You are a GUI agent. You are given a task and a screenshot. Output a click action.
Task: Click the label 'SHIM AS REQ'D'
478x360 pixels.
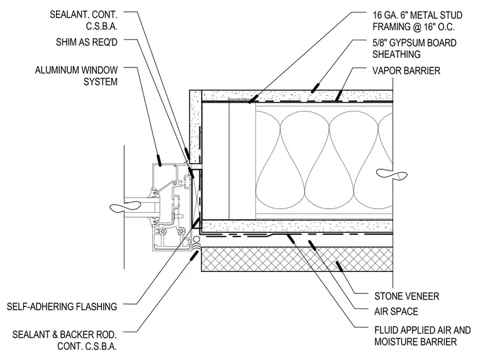pos(87,42)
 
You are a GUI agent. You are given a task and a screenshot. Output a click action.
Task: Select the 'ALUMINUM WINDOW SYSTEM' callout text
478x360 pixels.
pos(76,76)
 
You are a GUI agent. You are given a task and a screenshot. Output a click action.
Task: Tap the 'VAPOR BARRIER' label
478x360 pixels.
pos(406,70)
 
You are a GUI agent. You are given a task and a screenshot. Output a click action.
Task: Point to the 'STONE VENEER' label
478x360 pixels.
pos(407,296)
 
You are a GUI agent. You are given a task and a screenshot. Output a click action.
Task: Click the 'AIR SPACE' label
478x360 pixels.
pos(396,312)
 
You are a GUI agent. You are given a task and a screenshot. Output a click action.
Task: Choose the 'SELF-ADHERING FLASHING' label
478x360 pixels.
pos(62,307)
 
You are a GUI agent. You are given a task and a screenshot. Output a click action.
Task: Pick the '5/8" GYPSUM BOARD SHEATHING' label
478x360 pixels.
pos(414,48)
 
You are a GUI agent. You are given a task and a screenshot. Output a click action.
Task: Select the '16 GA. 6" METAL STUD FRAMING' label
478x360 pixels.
pos(418,21)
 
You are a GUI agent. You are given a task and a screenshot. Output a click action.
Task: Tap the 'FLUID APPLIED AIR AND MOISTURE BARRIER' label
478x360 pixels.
pos(423,336)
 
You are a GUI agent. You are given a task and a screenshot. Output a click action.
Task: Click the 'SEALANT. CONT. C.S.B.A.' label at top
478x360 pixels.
pos(84,20)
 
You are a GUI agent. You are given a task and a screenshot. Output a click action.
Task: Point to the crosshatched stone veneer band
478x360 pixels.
pos(297,259)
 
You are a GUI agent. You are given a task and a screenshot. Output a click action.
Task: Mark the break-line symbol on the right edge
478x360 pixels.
pos(392,174)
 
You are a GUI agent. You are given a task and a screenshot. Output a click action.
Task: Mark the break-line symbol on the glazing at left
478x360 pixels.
pos(125,208)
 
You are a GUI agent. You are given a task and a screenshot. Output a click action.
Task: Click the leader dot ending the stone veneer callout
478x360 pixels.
pos(339,266)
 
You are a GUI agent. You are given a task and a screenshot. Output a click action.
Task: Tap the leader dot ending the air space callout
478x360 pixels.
pos(313,245)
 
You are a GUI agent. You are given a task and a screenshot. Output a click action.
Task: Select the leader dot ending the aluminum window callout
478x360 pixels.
pos(158,160)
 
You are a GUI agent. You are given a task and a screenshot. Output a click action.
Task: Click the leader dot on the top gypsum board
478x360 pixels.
pos(315,87)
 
